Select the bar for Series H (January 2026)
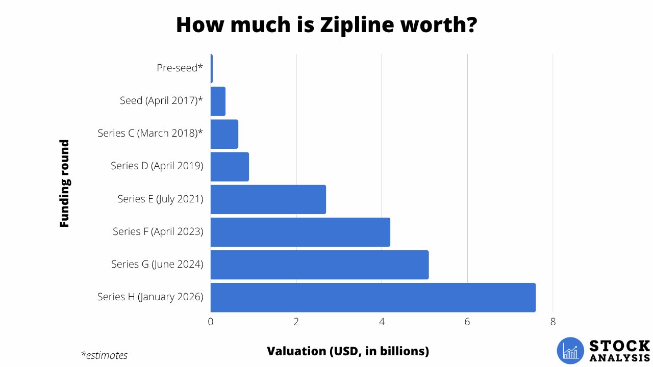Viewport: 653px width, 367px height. click(x=373, y=297)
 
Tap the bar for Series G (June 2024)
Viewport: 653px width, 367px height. click(x=319, y=265)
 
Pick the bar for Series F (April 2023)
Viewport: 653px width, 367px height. click(x=300, y=232)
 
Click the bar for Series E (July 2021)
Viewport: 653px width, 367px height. click(x=268, y=199)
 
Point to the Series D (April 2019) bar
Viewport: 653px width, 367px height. click(x=230, y=167)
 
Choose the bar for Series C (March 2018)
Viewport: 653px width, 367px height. click(x=224, y=134)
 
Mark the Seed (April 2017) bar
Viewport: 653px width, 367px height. click(x=218, y=101)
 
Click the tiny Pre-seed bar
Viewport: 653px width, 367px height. click(x=212, y=68)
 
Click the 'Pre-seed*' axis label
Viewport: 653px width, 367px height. click(x=180, y=67)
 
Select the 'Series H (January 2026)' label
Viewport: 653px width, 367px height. click(x=150, y=297)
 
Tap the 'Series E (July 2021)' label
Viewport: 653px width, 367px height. click(x=160, y=199)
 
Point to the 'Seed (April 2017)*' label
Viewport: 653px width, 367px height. click(x=161, y=101)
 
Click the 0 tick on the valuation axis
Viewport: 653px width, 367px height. click(x=211, y=322)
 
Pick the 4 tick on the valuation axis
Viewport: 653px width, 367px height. click(x=382, y=322)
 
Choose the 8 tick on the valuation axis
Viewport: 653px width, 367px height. click(x=552, y=322)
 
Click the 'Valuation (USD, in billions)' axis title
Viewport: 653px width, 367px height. click(x=348, y=351)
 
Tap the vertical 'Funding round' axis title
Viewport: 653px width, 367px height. click(x=64, y=183)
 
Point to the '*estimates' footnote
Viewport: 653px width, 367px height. click(x=104, y=355)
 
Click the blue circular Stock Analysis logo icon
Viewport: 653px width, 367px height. click(x=570, y=351)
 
